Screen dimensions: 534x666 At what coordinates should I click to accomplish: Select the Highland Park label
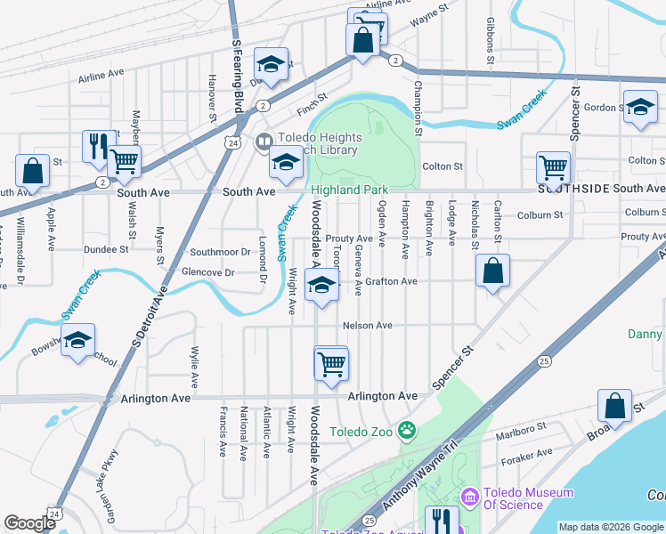349,190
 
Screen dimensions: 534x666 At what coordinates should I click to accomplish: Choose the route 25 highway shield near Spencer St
542,360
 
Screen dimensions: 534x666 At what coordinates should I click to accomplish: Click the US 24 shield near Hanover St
231,142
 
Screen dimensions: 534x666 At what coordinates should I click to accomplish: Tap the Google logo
29,523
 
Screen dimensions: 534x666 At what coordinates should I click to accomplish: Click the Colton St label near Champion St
443,166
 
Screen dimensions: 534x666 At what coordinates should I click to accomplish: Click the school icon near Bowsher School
78,341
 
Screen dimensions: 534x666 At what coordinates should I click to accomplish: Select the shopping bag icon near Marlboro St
614,406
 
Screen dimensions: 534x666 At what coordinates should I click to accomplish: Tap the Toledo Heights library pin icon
264,141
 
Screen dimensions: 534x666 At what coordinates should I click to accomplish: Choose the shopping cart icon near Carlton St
553,167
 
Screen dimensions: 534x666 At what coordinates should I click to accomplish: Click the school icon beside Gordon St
639,108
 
